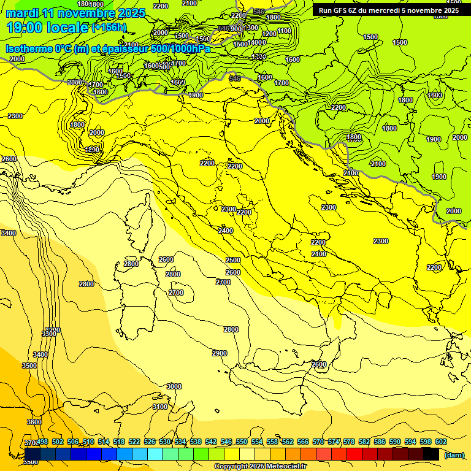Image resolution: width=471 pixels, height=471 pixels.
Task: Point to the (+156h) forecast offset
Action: click(109, 27)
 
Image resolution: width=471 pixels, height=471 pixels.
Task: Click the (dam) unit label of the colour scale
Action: click(453, 455)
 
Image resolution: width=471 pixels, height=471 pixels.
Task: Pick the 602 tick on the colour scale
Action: click(441, 442)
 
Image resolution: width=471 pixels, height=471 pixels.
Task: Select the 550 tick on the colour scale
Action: click(241, 442)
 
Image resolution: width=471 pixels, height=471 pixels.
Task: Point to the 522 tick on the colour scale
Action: click(134, 442)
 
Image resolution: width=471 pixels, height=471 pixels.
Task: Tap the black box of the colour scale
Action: click(431, 454)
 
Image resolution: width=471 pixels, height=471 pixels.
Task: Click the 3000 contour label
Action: click(174, 386)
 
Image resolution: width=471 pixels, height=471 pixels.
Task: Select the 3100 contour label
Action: click(159, 407)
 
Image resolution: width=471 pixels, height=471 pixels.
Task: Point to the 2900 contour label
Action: click(220, 353)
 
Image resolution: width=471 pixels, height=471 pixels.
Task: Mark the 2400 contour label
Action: click(226, 231)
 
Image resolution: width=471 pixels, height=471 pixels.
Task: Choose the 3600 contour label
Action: click(34, 422)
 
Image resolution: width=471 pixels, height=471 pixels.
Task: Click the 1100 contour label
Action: click(284, 31)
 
